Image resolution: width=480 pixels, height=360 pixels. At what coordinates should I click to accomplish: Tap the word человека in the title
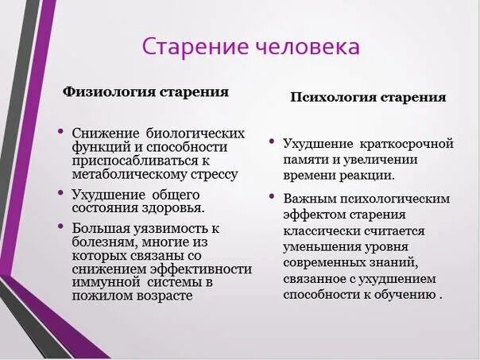[x=304, y=46]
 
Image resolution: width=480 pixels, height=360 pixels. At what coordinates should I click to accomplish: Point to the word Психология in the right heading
[x=327, y=98]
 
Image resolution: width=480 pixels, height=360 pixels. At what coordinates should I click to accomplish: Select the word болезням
[x=103, y=242]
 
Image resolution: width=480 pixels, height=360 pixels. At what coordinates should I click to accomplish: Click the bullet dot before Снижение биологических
[x=61, y=130]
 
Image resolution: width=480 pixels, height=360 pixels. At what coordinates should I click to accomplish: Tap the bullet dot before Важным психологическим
[x=273, y=196]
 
